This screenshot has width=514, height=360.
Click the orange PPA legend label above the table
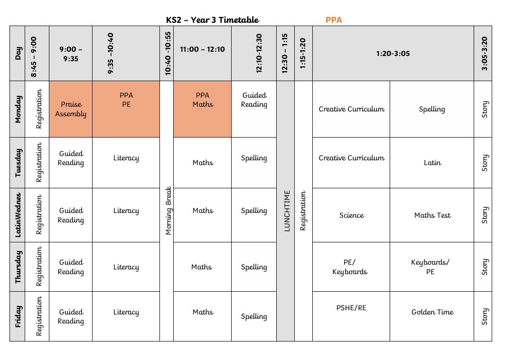[334, 20]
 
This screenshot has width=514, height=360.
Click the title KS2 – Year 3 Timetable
[213, 20]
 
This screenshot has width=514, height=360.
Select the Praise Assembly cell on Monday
[71, 109]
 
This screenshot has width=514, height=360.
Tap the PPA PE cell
[126, 100]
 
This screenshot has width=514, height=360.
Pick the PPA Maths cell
[202, 100]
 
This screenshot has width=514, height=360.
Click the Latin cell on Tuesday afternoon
[432, 163]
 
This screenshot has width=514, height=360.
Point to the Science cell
[351, 215]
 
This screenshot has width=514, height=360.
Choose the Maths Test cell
[432, 215]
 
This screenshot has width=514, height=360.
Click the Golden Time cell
[432, 312]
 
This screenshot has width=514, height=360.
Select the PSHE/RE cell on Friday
[351, 308]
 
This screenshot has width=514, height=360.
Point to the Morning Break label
[168, 211]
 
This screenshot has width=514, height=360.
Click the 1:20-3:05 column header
[393, 54]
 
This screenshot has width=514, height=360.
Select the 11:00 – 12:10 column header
[202, 49]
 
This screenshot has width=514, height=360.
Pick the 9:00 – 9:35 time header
[71, 54]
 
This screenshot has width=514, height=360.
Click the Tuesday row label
[18, 163]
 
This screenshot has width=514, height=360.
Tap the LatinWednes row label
[18, 215]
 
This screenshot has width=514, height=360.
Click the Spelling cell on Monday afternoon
[432, 109]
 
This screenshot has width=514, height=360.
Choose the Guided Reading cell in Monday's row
[254, 100]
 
